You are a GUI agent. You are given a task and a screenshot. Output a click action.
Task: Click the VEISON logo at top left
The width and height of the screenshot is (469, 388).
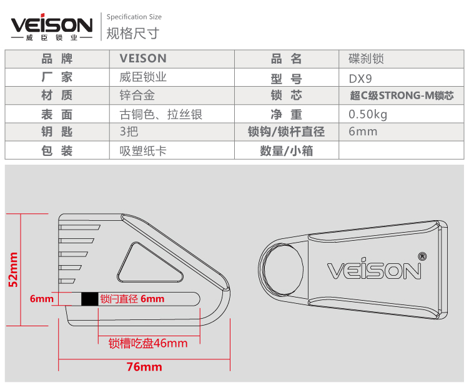point(52,27)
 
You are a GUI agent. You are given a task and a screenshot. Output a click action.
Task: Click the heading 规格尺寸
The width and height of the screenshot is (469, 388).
point(125,32)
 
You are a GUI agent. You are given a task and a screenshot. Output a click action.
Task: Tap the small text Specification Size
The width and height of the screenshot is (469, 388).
point(134,17)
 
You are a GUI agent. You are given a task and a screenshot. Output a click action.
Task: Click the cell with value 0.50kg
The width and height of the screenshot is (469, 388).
point(368,114)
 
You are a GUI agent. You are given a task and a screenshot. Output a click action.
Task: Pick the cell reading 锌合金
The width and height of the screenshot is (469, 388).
point(137,95)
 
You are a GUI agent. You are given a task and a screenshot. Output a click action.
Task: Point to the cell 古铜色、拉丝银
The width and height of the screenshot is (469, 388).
point(160,114)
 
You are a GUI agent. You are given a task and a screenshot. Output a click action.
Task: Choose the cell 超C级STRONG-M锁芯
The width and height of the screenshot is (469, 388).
point(402,96)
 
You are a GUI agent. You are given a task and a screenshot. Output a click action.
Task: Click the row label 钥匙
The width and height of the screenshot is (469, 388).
point(57,132)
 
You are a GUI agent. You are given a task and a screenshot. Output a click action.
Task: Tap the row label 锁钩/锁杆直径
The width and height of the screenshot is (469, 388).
point(286,132)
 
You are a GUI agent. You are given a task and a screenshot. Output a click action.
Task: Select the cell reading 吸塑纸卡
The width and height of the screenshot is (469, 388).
point(143,150)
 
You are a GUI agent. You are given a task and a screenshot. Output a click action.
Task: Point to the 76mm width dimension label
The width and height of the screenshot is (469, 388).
point(144,367)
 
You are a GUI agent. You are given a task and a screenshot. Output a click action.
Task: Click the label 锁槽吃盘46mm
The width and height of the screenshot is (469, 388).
point(148,343)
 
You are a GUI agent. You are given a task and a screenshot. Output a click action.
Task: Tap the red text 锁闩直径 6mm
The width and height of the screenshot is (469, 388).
point(132,299)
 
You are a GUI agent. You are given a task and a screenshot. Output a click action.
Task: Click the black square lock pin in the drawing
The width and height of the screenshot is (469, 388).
point(89,299)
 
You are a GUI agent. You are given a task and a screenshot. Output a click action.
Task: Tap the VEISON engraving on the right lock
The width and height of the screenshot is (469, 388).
point(375,269)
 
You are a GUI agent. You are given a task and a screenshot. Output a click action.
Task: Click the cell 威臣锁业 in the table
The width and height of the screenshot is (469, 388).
point(143,78)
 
